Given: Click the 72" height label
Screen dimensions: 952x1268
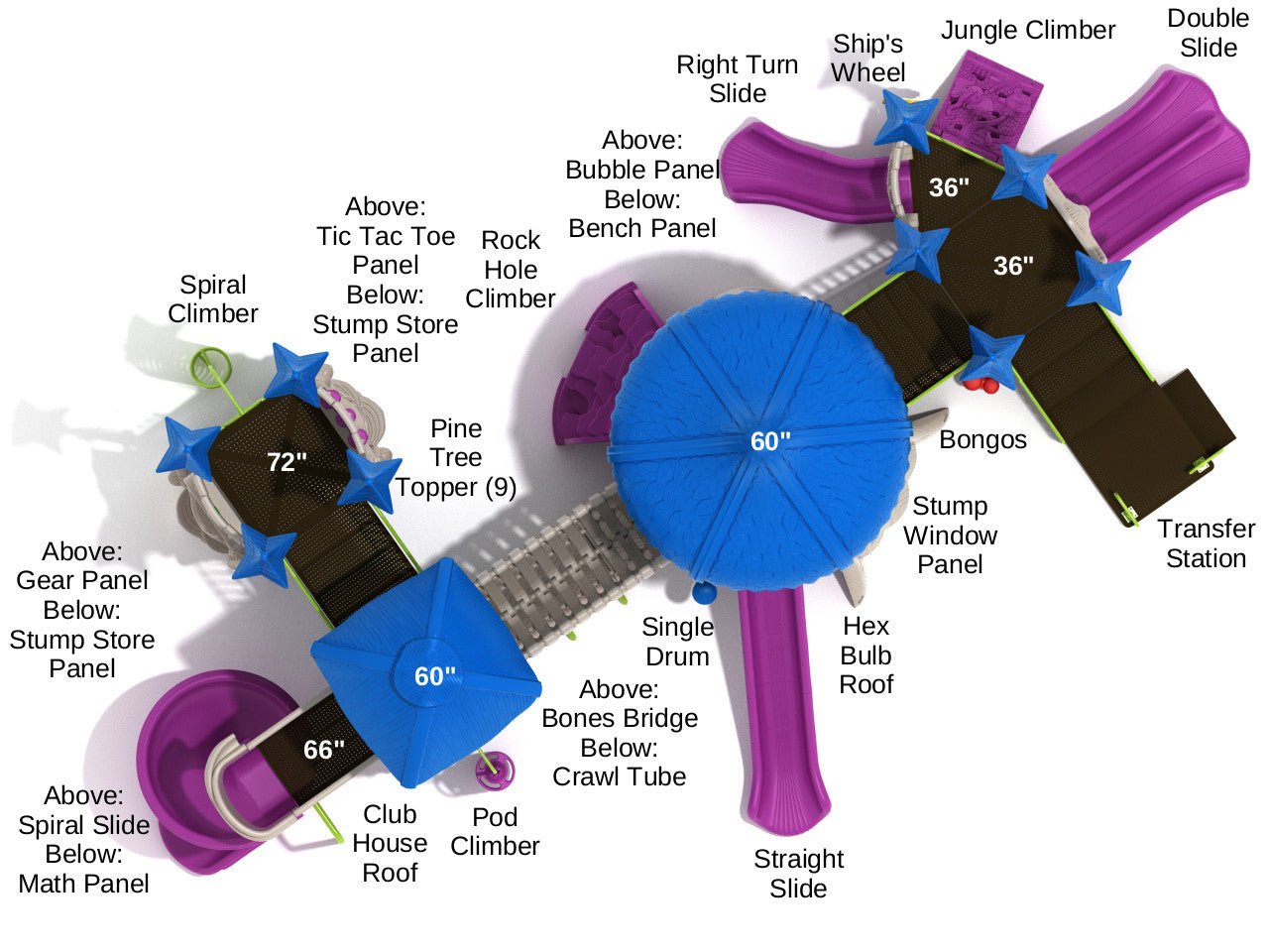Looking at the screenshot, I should coord(286,461).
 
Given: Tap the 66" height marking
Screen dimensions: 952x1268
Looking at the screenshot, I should coord(324,750).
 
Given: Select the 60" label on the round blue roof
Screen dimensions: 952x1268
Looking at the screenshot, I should coord(769,441).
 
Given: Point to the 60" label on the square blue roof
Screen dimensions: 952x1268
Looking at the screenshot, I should coord(434,676).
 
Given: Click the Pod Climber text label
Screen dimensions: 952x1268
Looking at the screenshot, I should coord(495,831).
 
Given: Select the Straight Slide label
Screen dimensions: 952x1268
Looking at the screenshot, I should coord(798,873).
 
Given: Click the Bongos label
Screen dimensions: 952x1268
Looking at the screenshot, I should coord(982,439).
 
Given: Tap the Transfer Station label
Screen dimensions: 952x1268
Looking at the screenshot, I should coord(1206,543).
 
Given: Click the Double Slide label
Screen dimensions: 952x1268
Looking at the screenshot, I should coord(1208,33).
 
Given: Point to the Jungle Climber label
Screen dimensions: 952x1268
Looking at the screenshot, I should coord(1028,31).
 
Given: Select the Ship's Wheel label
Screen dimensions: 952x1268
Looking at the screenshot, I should coord(867,58).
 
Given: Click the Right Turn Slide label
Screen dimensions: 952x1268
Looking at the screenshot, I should coord(737,78).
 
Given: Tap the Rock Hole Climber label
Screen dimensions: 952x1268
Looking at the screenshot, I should coord(511,269).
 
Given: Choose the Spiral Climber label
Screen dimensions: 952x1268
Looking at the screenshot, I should coord(213,298).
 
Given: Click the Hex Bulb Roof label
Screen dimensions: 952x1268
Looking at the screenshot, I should coord(865,654).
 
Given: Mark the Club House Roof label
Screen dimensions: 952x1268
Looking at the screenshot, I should coord(390,843).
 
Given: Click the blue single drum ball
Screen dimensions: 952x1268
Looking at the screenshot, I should coord(703,594).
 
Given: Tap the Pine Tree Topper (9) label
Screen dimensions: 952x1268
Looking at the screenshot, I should coord(455,457).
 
